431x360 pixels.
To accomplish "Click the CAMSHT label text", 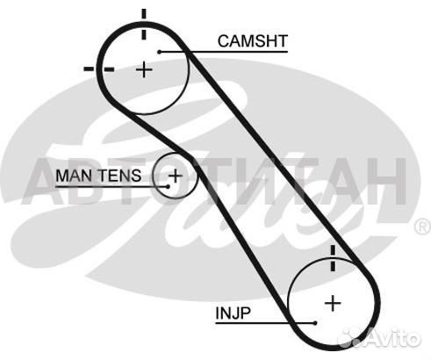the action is [x=253, y=41].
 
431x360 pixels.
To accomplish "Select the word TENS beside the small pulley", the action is [x=119, y=176].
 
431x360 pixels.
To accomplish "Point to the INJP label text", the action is [x=233, y=313].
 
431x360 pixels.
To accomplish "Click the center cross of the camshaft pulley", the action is [x=144, y=70].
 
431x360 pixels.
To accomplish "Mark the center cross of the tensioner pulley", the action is [x=176, y=176].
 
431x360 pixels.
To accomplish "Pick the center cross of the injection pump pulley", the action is [x=333, y=303].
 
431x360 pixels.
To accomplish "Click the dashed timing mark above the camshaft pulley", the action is [x=144, y=24].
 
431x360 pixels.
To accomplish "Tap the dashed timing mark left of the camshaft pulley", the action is [x=99, y=69].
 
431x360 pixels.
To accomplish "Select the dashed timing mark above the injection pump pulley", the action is [x=333, y=258].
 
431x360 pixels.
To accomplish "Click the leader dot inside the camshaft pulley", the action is [x=160, y=52].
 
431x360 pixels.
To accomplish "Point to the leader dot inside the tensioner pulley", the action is [x=168, y=186].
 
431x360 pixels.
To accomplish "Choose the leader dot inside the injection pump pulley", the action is [x=315, y=323].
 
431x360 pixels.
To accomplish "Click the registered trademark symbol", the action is [x=422, y=227].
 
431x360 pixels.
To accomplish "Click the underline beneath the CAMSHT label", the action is [x=224, y=52].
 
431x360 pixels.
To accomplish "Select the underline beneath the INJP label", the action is [x=265, y=323].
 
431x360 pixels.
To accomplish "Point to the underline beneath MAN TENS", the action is [x=111, y=186].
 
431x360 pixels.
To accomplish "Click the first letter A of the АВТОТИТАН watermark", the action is [x=46, y=182].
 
